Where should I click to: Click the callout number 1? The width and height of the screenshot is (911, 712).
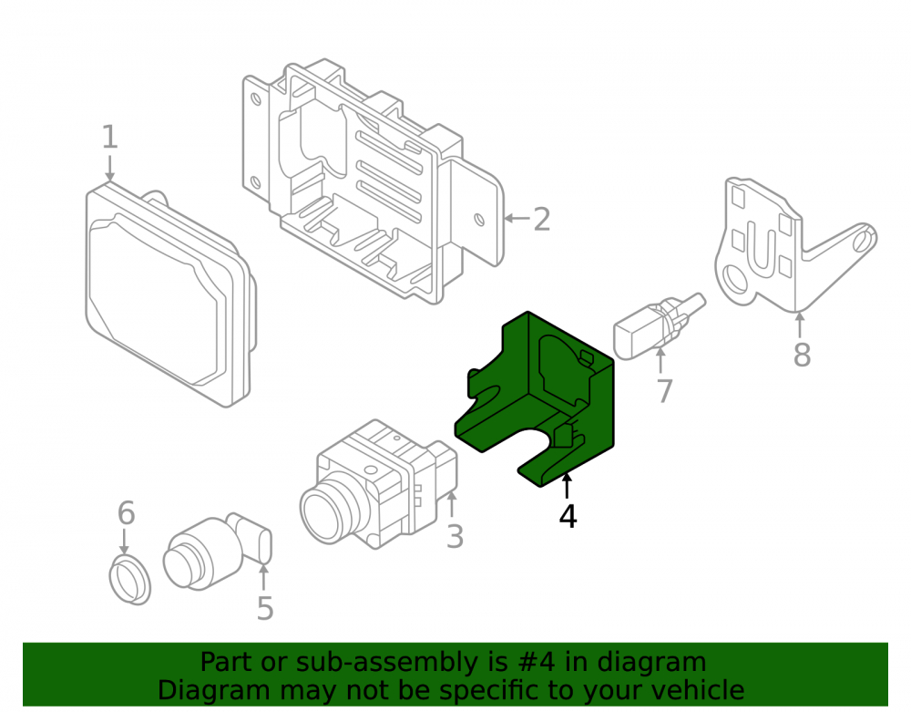[110, 137]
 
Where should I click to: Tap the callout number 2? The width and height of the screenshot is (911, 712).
[541, 219]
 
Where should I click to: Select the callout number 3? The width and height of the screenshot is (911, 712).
[455, 536]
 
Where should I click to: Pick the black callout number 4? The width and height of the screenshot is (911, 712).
[568, 516]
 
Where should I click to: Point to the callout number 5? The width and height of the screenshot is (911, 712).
[265, 608]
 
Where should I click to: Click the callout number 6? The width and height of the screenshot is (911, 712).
[126, 512]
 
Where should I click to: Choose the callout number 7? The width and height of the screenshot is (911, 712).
[665, 390]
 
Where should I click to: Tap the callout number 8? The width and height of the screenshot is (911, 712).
[802, 355]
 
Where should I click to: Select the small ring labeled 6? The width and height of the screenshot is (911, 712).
[130, 580]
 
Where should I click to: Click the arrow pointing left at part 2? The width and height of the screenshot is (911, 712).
[517, 219]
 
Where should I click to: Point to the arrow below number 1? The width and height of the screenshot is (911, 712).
[110, 168]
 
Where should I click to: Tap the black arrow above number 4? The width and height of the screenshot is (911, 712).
[567, 485]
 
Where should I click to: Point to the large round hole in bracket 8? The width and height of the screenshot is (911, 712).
[735, 280]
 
